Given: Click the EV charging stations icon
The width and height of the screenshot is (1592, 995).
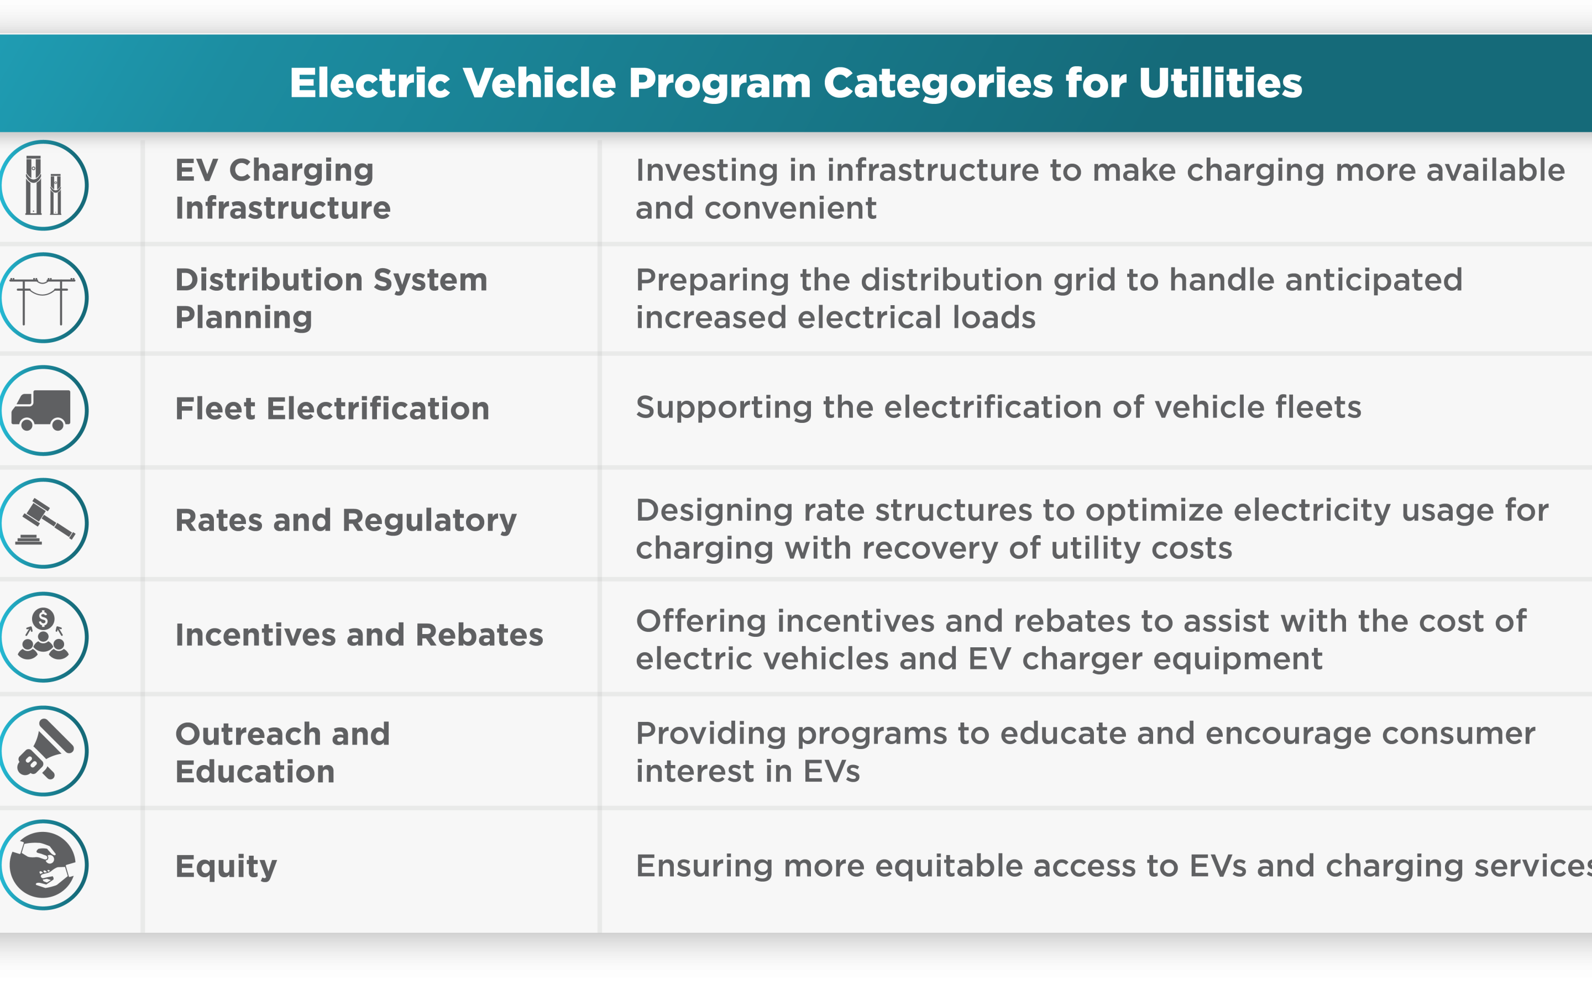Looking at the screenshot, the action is click(x=44, y=186).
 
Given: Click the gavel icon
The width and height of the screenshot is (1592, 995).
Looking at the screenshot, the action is click(x=45, y=522).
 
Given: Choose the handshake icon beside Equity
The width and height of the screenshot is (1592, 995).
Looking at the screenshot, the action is click(x=44, y=865).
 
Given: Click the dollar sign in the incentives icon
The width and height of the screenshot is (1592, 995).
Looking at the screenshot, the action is click(x=44, y=619).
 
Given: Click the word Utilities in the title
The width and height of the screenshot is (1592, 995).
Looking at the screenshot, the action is click(x=1221, y=83).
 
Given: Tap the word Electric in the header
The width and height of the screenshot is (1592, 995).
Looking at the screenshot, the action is click(x=370, y=83).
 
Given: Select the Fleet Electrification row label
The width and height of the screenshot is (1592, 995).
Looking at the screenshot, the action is click(x=332, y=409).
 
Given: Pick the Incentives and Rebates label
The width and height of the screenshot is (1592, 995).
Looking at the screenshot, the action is click(x=359, y=635).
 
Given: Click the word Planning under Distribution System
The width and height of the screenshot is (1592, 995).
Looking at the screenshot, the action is click(x=243, y=318).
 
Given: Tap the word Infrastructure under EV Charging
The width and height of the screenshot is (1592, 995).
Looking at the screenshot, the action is click(x=283, y=208).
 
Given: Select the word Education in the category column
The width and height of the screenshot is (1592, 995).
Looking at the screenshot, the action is click(x=255, y=771).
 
